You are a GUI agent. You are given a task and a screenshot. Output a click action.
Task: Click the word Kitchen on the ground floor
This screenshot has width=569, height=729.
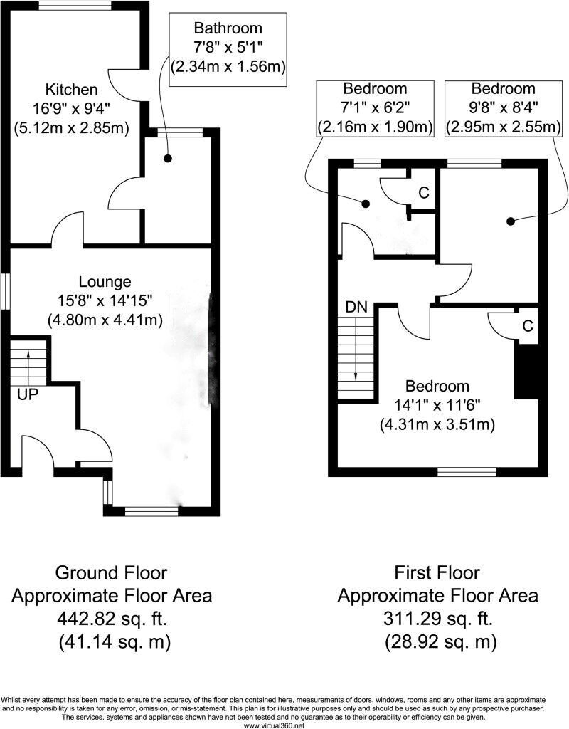point(71,90)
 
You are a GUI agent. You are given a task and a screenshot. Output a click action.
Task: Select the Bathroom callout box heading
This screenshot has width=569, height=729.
point(228,28)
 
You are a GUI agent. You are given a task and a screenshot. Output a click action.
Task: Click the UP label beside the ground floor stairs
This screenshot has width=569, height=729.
point(28,394)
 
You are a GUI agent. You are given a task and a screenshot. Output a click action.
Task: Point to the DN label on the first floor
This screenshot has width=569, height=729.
point(356,308)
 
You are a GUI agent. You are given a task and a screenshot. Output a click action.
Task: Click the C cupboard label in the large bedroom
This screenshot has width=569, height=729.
point(527,326)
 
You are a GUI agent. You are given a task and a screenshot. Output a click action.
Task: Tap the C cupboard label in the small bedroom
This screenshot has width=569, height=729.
point(423,192)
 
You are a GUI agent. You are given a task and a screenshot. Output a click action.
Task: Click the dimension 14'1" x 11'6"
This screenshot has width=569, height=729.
point(437,405)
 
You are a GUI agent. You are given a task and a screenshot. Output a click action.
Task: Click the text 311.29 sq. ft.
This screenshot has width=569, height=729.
point(437,618)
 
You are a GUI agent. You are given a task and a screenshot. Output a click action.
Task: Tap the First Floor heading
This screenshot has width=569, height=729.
point(437,572)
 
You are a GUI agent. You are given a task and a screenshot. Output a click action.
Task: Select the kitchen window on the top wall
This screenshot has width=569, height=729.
point(74,5)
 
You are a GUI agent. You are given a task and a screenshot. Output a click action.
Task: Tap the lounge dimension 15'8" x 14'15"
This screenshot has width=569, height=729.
point(105,300)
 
